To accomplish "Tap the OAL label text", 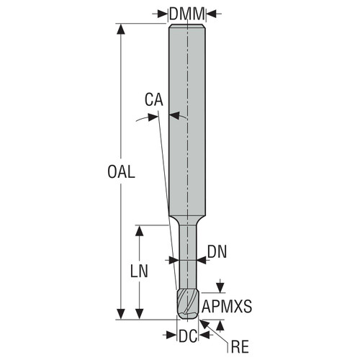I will click(x=121, y=173).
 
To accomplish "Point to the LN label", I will click(x=140, y=271).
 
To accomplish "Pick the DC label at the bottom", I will click(x=188, y=335).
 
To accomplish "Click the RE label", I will click(x=240, y=348).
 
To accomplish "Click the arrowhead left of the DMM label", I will click(x=162, y=13).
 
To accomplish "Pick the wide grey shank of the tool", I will click(x=187, y=122).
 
